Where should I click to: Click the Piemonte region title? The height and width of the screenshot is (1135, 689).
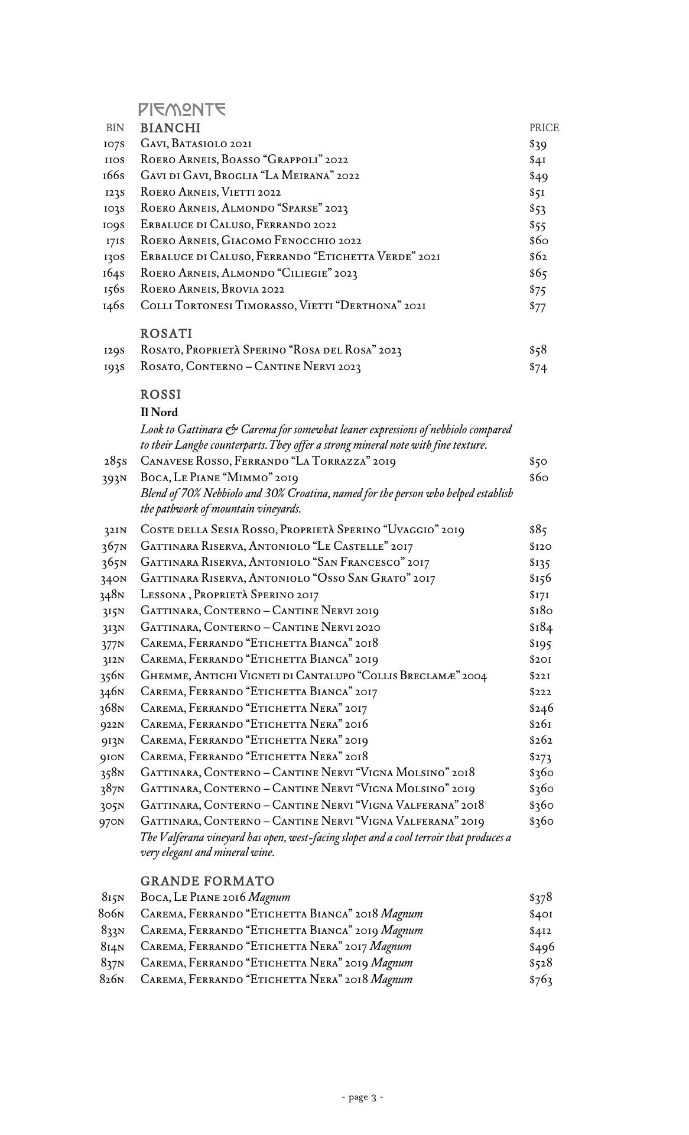click(x=182, y=109)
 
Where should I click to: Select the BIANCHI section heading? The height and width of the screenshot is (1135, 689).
click(x=170, y=128)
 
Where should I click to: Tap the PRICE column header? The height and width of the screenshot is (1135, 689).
click(x=544, y=128)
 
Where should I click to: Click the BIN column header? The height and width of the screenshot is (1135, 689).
click(x=115, y=128)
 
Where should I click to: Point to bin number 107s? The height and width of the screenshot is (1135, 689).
click(x=114, y=144)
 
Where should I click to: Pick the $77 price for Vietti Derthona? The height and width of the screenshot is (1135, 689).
click(x=537, y=306)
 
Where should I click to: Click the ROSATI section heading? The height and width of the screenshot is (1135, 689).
click(x=166, y=333)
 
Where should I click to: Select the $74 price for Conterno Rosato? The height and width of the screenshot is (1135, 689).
click(x=538, y=367)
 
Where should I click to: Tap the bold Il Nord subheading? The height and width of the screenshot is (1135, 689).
click(x=159, y=412)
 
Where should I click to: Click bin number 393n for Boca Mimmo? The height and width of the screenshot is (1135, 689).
click(x=113, y=478)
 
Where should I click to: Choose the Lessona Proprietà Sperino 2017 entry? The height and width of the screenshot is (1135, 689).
click(x=229, y=595)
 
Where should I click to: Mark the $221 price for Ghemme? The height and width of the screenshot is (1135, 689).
click(x=540, y=676)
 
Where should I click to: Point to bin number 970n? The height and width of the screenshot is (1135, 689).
click(x=112, y=822)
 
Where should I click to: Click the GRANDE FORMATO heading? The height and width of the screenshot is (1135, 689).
click(x=207, y=881)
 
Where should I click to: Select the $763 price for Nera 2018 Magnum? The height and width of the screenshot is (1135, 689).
click(x=541, y=980)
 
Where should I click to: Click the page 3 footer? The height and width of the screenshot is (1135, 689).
click(x=362, y=1098)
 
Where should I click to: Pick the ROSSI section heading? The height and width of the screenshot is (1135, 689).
click(x=161, y=394)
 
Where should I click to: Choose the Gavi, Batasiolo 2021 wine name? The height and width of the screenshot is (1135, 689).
click(x=196, y=144)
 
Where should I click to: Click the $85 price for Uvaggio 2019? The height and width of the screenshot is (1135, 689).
click(x=537, y=530)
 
